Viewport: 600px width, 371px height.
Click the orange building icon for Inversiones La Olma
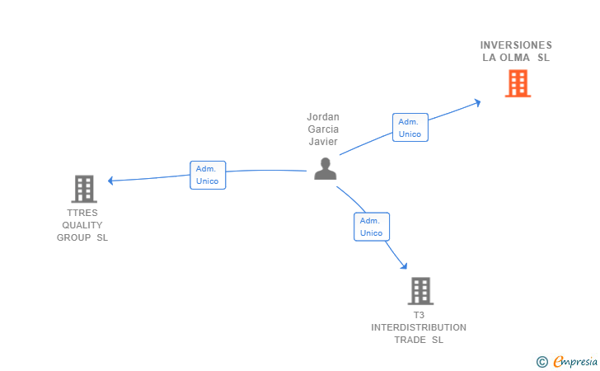point(518,83)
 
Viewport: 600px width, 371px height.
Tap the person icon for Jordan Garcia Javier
point(326,168)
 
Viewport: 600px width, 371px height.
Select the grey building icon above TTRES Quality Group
point(83,189)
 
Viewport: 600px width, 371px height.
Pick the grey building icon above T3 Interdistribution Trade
point(420,291)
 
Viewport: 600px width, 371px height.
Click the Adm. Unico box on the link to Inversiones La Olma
point(410,127)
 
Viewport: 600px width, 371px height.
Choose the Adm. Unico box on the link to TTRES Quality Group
point(208,175)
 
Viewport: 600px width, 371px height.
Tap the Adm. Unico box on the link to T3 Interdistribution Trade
point(372,227)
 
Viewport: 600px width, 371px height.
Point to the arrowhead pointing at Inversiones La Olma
point(477,102)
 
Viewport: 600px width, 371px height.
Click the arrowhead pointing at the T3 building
point(404,265)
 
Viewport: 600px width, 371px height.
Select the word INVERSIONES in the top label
point(516,45)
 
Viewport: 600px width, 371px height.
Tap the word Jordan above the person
point(323,117)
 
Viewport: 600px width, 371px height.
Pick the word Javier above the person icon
point(323,141)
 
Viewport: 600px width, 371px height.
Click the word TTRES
point(82,213)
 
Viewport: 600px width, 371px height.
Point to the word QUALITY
point(82,225)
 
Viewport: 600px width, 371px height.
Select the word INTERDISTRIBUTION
point(419,327)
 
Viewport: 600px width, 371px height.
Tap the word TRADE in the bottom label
point(410,340)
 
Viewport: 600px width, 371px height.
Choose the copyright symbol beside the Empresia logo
point(541,361)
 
